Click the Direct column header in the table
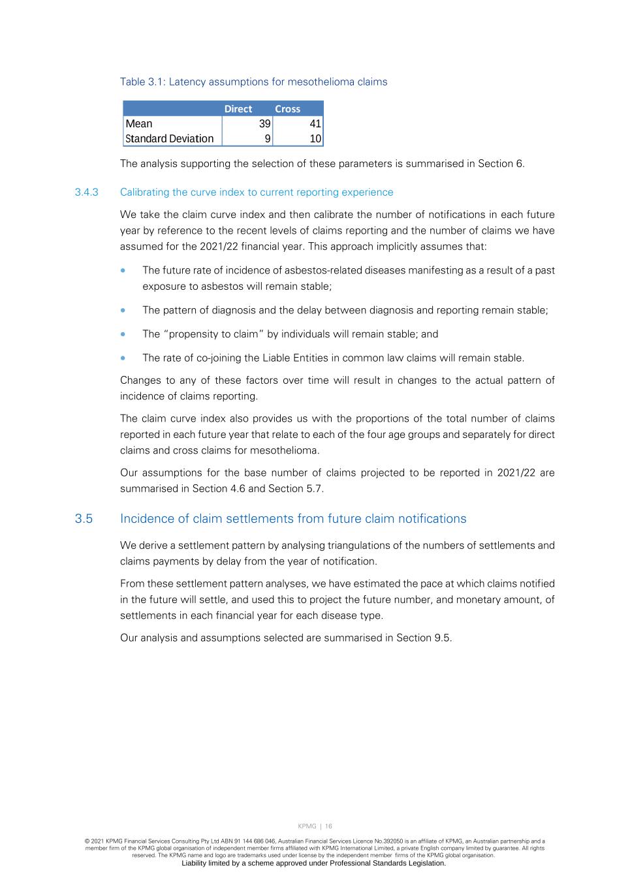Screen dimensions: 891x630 238,109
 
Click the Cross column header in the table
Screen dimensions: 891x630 287,109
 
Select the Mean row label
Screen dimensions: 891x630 139,124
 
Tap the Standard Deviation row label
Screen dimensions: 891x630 169,138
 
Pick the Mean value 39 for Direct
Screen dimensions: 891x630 264,124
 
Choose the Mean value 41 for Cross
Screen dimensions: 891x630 315,124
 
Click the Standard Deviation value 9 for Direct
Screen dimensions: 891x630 268,138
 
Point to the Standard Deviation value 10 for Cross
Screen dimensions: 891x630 315,138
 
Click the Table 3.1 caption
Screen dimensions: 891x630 253,82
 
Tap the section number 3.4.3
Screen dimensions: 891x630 86,192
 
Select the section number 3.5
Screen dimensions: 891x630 84,519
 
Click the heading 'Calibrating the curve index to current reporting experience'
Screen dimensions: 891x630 257,192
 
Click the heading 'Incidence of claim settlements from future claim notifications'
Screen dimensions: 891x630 293,519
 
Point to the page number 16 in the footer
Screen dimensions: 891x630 328,826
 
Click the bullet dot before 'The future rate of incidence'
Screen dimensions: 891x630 123,270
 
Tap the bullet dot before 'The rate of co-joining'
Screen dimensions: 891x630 123,358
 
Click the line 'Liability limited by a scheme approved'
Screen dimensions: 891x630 313,863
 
